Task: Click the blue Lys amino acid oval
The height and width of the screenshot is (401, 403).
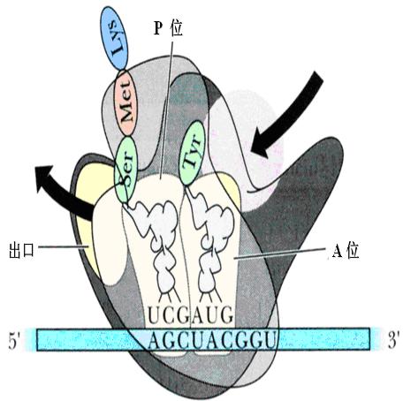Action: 114,38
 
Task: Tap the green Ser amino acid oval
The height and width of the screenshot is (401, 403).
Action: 125,170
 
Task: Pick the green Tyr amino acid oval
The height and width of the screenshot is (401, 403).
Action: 192,153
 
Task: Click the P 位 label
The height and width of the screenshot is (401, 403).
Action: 168,29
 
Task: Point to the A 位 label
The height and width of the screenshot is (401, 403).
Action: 346,251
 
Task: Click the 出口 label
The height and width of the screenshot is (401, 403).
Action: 21,251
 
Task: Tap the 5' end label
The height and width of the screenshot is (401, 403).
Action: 14,342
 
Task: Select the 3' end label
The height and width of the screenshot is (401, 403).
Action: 393,340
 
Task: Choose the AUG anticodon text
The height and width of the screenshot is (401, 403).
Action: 213,315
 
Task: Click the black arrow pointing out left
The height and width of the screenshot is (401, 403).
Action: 60,191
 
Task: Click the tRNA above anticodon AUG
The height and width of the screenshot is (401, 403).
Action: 209,241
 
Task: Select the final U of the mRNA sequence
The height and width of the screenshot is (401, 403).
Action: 270,340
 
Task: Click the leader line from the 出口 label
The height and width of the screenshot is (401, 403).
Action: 64,246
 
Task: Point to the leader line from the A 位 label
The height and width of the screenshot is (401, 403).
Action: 280,254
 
